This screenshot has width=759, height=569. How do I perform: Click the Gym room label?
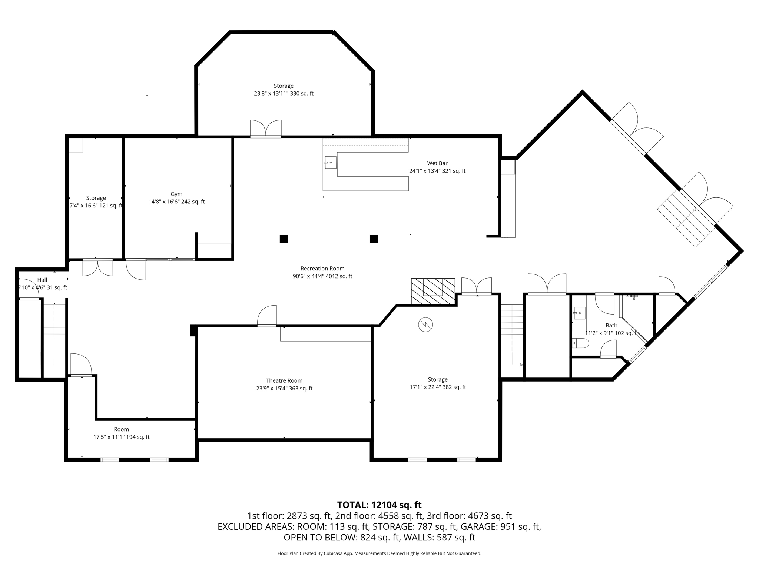(x=176, y=194)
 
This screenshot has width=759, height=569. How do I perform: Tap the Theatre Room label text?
(x=284, y=381)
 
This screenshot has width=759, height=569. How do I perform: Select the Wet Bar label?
(x=437, y=163)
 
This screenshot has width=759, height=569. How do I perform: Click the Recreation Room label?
(x=322, y=269)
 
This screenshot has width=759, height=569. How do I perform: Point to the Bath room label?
(x=611, y=326)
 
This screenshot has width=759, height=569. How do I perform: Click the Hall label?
(x=42, y=280)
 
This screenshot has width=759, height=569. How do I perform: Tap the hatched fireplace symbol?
(x=433, y=291)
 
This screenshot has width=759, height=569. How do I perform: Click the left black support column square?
(x=284, y=239)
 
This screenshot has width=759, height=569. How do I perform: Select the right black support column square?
(x=374, y=239)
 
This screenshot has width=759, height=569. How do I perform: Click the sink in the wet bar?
(x=330, y=163)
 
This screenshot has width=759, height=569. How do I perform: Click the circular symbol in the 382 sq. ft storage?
(x=425, y=325)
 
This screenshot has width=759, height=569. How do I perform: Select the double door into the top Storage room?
(x=266, y=129)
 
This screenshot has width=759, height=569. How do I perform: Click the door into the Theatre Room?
(x=267, y=316)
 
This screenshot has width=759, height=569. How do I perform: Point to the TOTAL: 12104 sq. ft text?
(x=379, y=505)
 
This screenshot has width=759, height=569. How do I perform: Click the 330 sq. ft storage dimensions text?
(x=284, y=94)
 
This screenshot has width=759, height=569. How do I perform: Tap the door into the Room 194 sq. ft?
(x=81, y=365)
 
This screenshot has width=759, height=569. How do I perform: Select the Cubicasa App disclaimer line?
(x=379, y=553)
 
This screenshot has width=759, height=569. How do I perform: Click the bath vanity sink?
(x=579, y=313)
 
